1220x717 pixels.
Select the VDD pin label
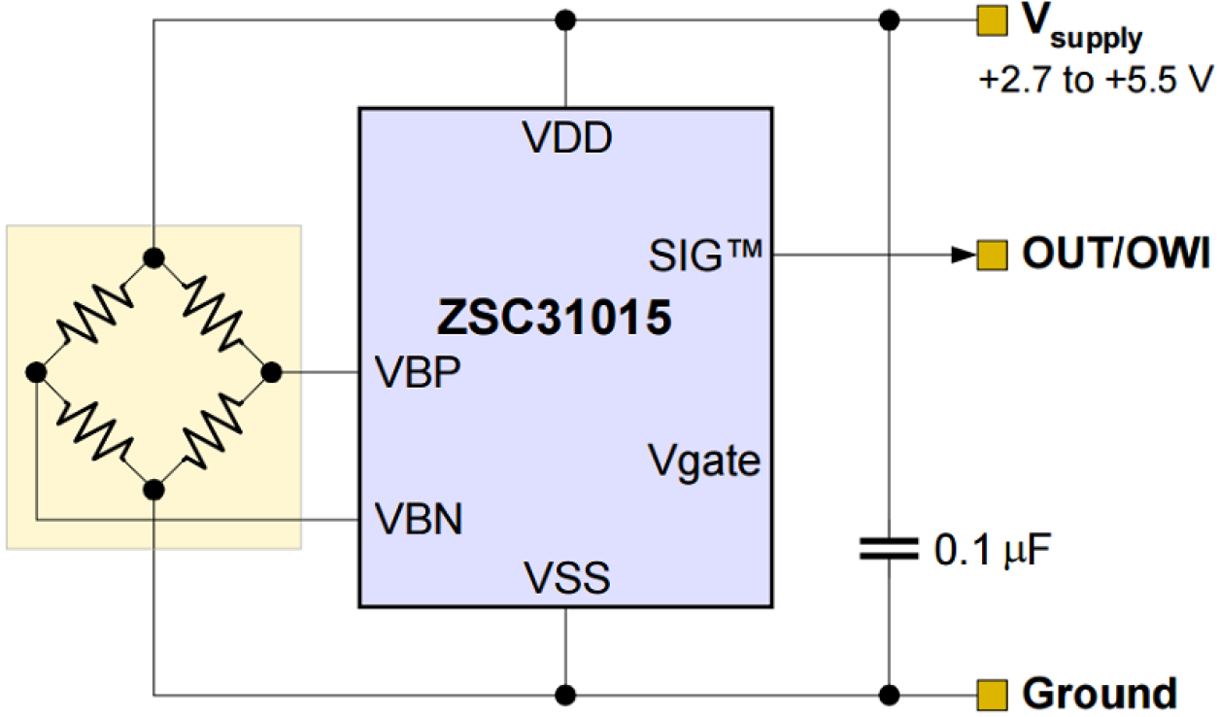pos(568,139)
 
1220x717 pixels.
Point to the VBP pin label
pos(419,373)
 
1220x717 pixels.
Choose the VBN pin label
pos(420,520)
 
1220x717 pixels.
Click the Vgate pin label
pos(704,461)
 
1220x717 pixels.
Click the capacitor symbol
pos(888,550)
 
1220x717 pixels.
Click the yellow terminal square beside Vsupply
pos(990,20)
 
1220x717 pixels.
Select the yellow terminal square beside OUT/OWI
pos(990,256)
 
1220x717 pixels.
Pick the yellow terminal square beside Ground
pos(990,695)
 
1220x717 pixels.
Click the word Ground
pos(1100,695)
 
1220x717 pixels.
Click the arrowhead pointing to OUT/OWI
pos(962,256)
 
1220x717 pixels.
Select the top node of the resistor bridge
pos(153,256)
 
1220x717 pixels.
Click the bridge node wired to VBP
pos(271,372)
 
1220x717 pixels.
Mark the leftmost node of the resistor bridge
pos(36,372)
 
